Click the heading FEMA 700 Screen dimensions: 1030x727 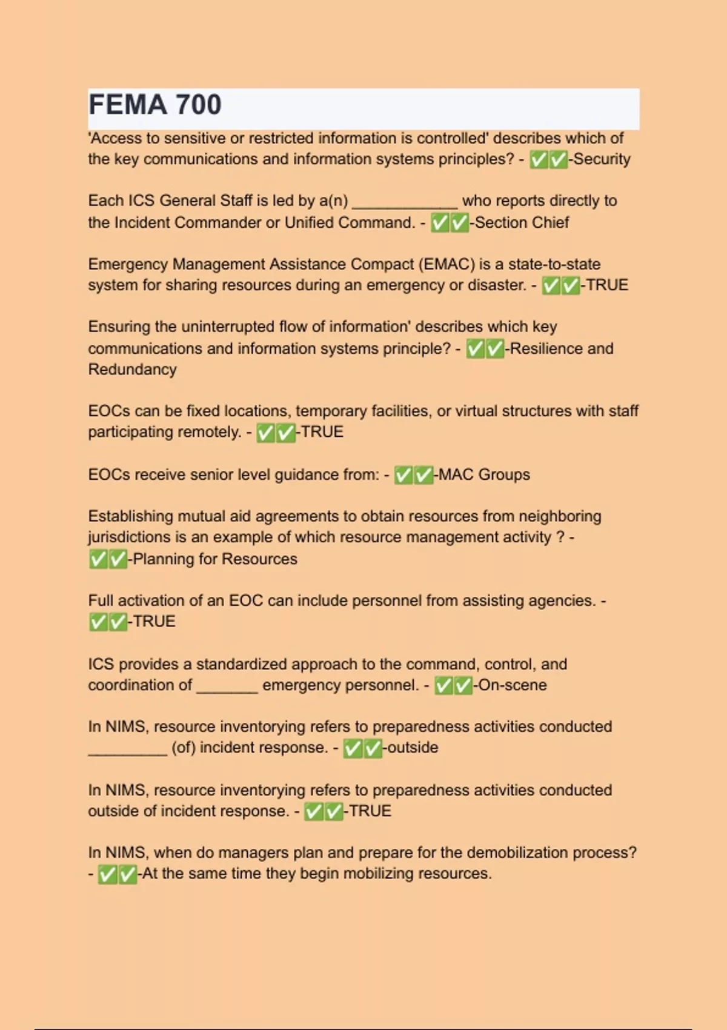point(155,105)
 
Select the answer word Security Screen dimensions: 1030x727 point(602,159)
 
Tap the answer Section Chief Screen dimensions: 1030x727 point(522,223)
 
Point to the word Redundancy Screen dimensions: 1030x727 point(132,370)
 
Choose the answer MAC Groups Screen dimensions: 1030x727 point(484,474)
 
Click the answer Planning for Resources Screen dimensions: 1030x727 point(214,559)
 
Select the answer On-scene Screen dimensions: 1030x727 point(513,685)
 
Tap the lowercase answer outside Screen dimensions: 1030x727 point(413,748)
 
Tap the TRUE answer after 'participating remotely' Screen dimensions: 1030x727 point(322,432)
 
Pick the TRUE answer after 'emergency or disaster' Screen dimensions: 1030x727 point(606,285)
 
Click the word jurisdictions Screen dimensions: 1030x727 point(121,537)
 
